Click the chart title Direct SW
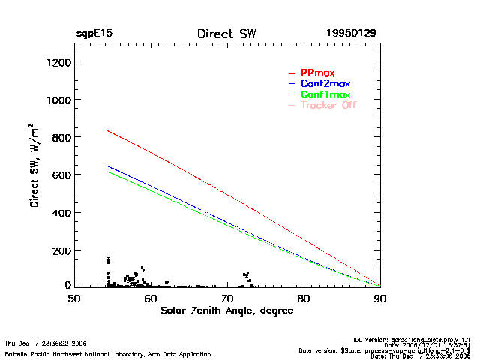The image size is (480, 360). [x=227, y=34]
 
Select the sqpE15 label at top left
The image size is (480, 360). [x=94, y=34]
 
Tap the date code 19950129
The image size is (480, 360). [x=351, y=34]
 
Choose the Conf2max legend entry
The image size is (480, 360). [x=325, y=83]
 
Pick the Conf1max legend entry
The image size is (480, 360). [x=325, y=94]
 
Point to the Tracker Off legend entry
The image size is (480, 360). [x=328, y=105]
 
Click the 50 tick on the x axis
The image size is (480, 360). [x=74, y=298]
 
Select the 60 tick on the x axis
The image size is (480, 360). [x=151, y=298]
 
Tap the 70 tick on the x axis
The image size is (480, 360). [x=227, y=298]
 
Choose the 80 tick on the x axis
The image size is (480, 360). [x=304, y=298]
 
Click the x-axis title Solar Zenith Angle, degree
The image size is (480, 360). [x=227, y=310]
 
